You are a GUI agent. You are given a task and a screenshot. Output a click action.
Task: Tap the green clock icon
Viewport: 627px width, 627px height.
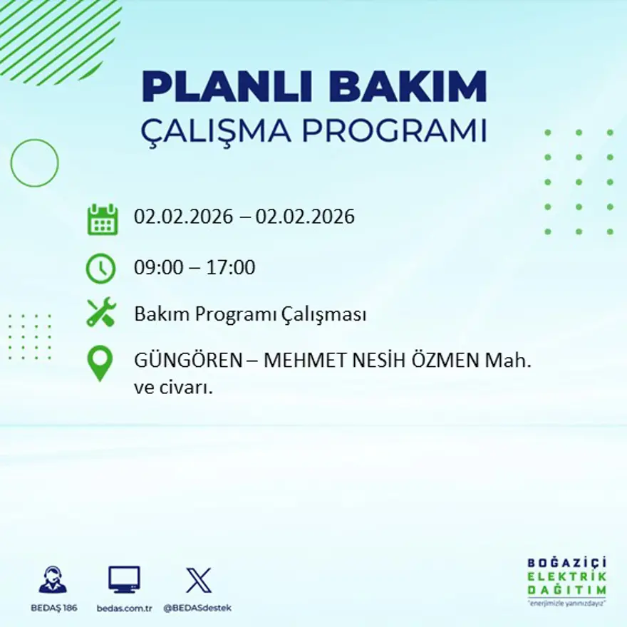pos(100,269)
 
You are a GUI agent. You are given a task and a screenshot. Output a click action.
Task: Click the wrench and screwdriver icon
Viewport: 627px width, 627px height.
pos(100,313)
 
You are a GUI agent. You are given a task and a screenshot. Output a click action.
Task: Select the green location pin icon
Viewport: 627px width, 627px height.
pos(100,363)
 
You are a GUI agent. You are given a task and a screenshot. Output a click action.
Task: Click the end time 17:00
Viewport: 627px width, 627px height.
pos(231,268)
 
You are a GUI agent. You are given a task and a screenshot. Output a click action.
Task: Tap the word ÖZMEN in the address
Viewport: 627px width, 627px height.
pos(441,361)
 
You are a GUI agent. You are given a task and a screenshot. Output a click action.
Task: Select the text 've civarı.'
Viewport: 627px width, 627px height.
pos(175,388)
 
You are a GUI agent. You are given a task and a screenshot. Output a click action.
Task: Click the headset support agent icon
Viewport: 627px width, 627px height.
pos(53,580)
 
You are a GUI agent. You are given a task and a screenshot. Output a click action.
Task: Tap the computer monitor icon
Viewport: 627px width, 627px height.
pos(124,579)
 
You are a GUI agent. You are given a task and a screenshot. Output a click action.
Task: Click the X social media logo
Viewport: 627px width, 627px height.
pos(198,579)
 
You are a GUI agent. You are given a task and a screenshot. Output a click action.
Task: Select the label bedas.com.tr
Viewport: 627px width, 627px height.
pos(124,608)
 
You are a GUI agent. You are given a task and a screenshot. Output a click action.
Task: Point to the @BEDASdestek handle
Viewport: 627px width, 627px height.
pos(197,608)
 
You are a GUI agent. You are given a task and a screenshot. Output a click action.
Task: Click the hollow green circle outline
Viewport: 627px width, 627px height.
pos(34,163)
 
